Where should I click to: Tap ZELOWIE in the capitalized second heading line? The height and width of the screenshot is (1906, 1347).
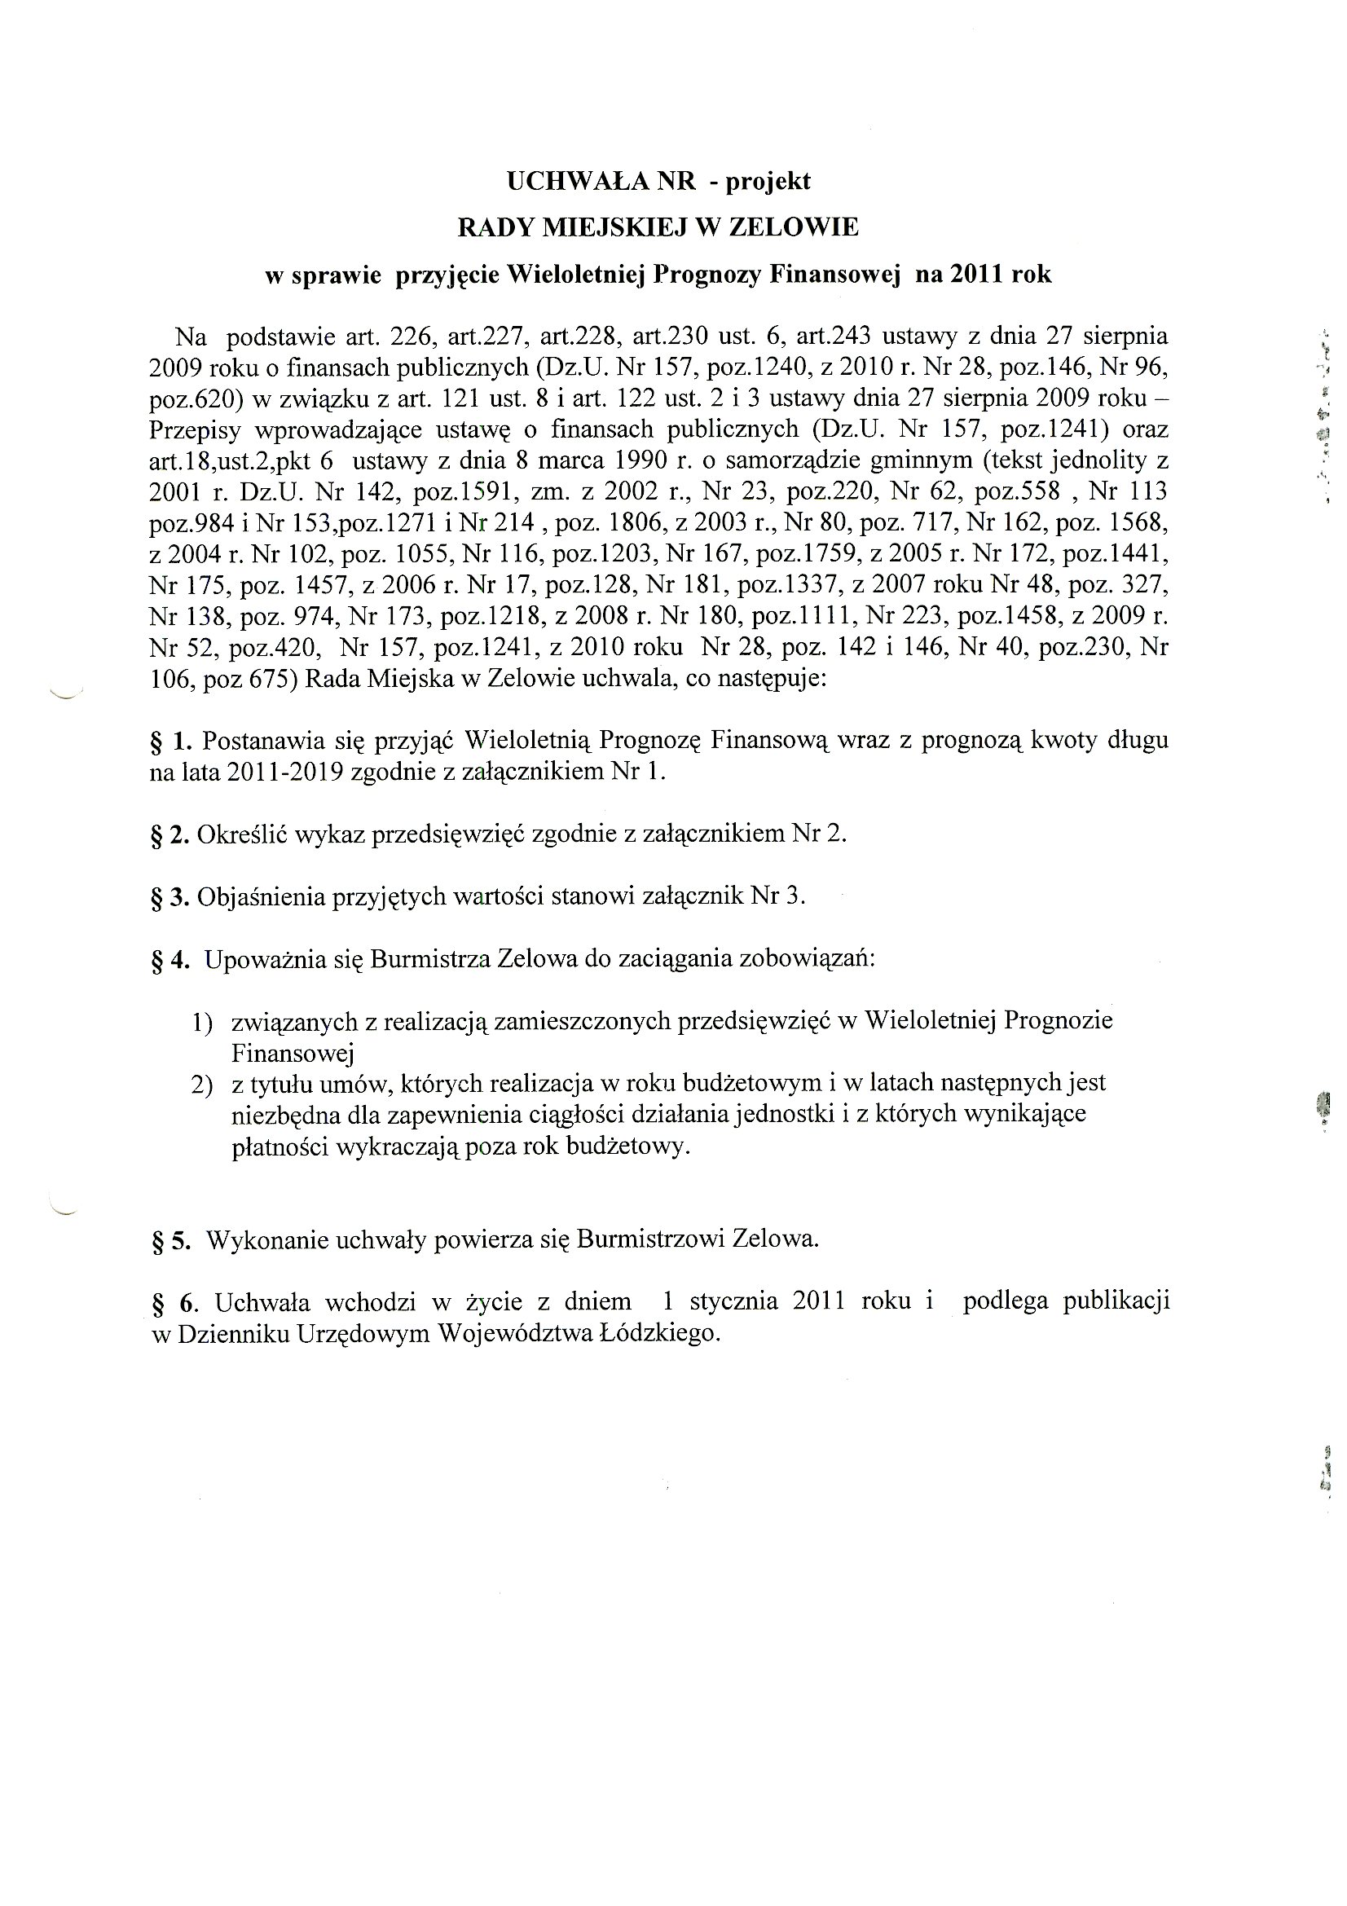(x=794, y=227)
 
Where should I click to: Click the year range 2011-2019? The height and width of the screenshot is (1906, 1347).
(x=285, y=772)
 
